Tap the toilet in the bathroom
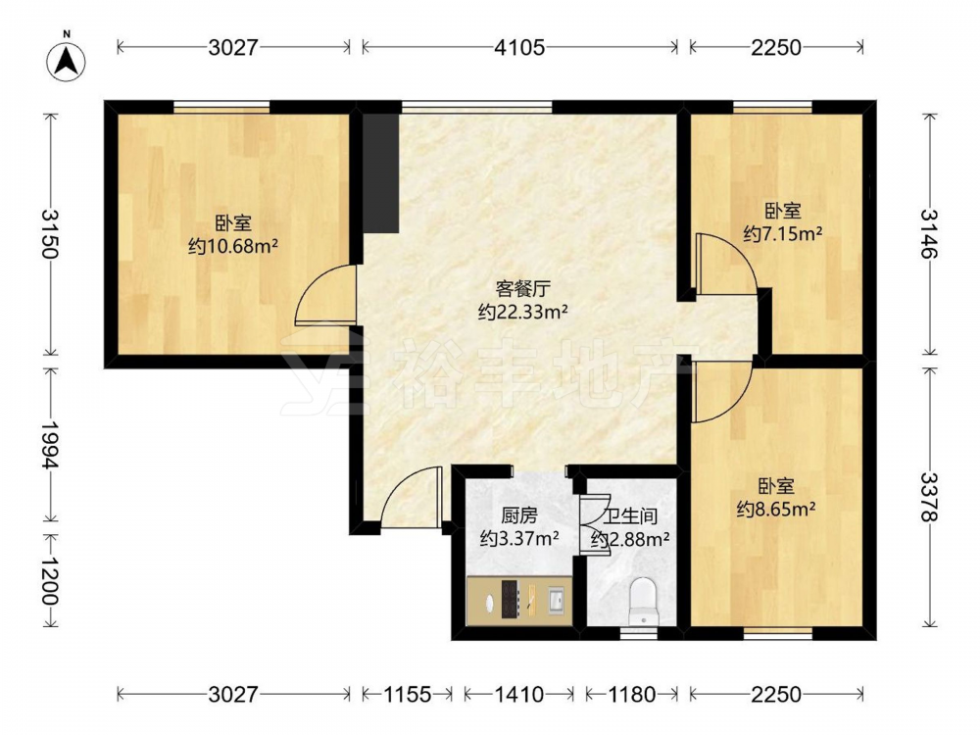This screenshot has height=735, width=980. coord(643,601)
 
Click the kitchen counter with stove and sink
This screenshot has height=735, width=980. coord(519,600)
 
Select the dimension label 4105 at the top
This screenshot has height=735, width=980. coord(520,47)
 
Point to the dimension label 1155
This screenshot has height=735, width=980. coord(407,694)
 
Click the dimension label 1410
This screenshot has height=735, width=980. coord(518,694)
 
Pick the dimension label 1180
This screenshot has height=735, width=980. coord(631,694)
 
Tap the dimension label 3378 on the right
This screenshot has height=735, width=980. coord(929,497)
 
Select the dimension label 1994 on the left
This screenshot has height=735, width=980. coord(50,444)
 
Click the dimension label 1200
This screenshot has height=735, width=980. coord(50,580)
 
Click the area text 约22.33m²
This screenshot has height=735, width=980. coord(523,312)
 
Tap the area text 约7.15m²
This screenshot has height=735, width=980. coord(782,234)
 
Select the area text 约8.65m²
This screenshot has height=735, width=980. coord(776,510)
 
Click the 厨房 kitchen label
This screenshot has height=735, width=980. coord(519,515)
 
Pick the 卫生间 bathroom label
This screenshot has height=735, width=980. coord(630,516)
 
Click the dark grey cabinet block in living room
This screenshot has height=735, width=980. coord(380,173)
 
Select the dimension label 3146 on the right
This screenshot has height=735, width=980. coord(929,234)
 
